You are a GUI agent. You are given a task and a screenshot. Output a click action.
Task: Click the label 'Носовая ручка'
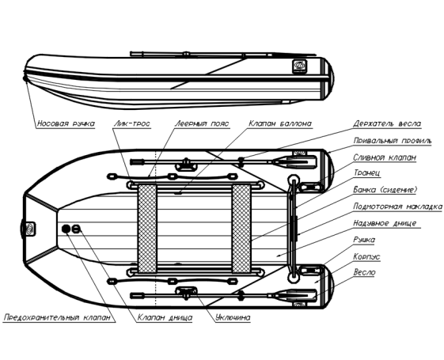pos(66,123)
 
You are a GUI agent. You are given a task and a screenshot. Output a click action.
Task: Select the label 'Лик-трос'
pos(132,123)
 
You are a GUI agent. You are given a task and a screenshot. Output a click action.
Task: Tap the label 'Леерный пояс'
pos(202,123)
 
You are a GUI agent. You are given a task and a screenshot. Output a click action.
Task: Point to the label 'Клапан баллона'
pos(280,123)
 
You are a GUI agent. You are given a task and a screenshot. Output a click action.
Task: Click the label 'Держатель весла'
pos(387,123)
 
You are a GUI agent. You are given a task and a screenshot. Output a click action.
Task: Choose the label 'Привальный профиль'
pos(393,141)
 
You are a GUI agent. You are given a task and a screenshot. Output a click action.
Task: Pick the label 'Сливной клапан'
pos(385,157)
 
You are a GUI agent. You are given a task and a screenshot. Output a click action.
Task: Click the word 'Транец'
pos(366,172)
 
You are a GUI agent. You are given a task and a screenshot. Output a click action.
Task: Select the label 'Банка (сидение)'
pos(385,190)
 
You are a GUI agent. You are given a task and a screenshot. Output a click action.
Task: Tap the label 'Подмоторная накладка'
pos(397,207)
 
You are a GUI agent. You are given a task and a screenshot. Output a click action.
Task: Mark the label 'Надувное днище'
pos(385,223)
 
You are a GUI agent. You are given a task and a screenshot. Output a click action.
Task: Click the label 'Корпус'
pos(366,256)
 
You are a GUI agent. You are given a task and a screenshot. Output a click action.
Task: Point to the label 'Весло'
pos(364,272)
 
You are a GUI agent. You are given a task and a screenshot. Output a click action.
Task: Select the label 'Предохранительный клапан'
pos(57,317)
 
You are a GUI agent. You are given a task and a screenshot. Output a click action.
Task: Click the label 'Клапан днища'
pos(165,317)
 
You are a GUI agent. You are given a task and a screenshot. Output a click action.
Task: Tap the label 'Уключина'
pos(233,317)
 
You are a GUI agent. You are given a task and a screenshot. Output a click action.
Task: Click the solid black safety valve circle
pos(66,229)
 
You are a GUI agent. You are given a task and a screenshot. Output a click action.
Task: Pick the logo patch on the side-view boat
pos(299,66)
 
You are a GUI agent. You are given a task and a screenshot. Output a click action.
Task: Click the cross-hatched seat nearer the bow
pos(147,229)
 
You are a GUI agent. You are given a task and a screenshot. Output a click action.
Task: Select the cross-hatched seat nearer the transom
pos(241,229)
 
